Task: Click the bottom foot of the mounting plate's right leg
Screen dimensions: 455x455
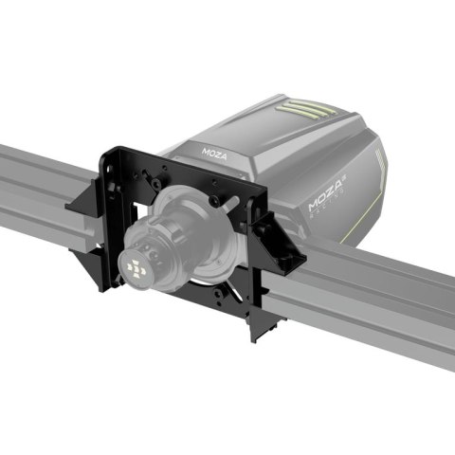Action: click(x=256, y=332)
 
